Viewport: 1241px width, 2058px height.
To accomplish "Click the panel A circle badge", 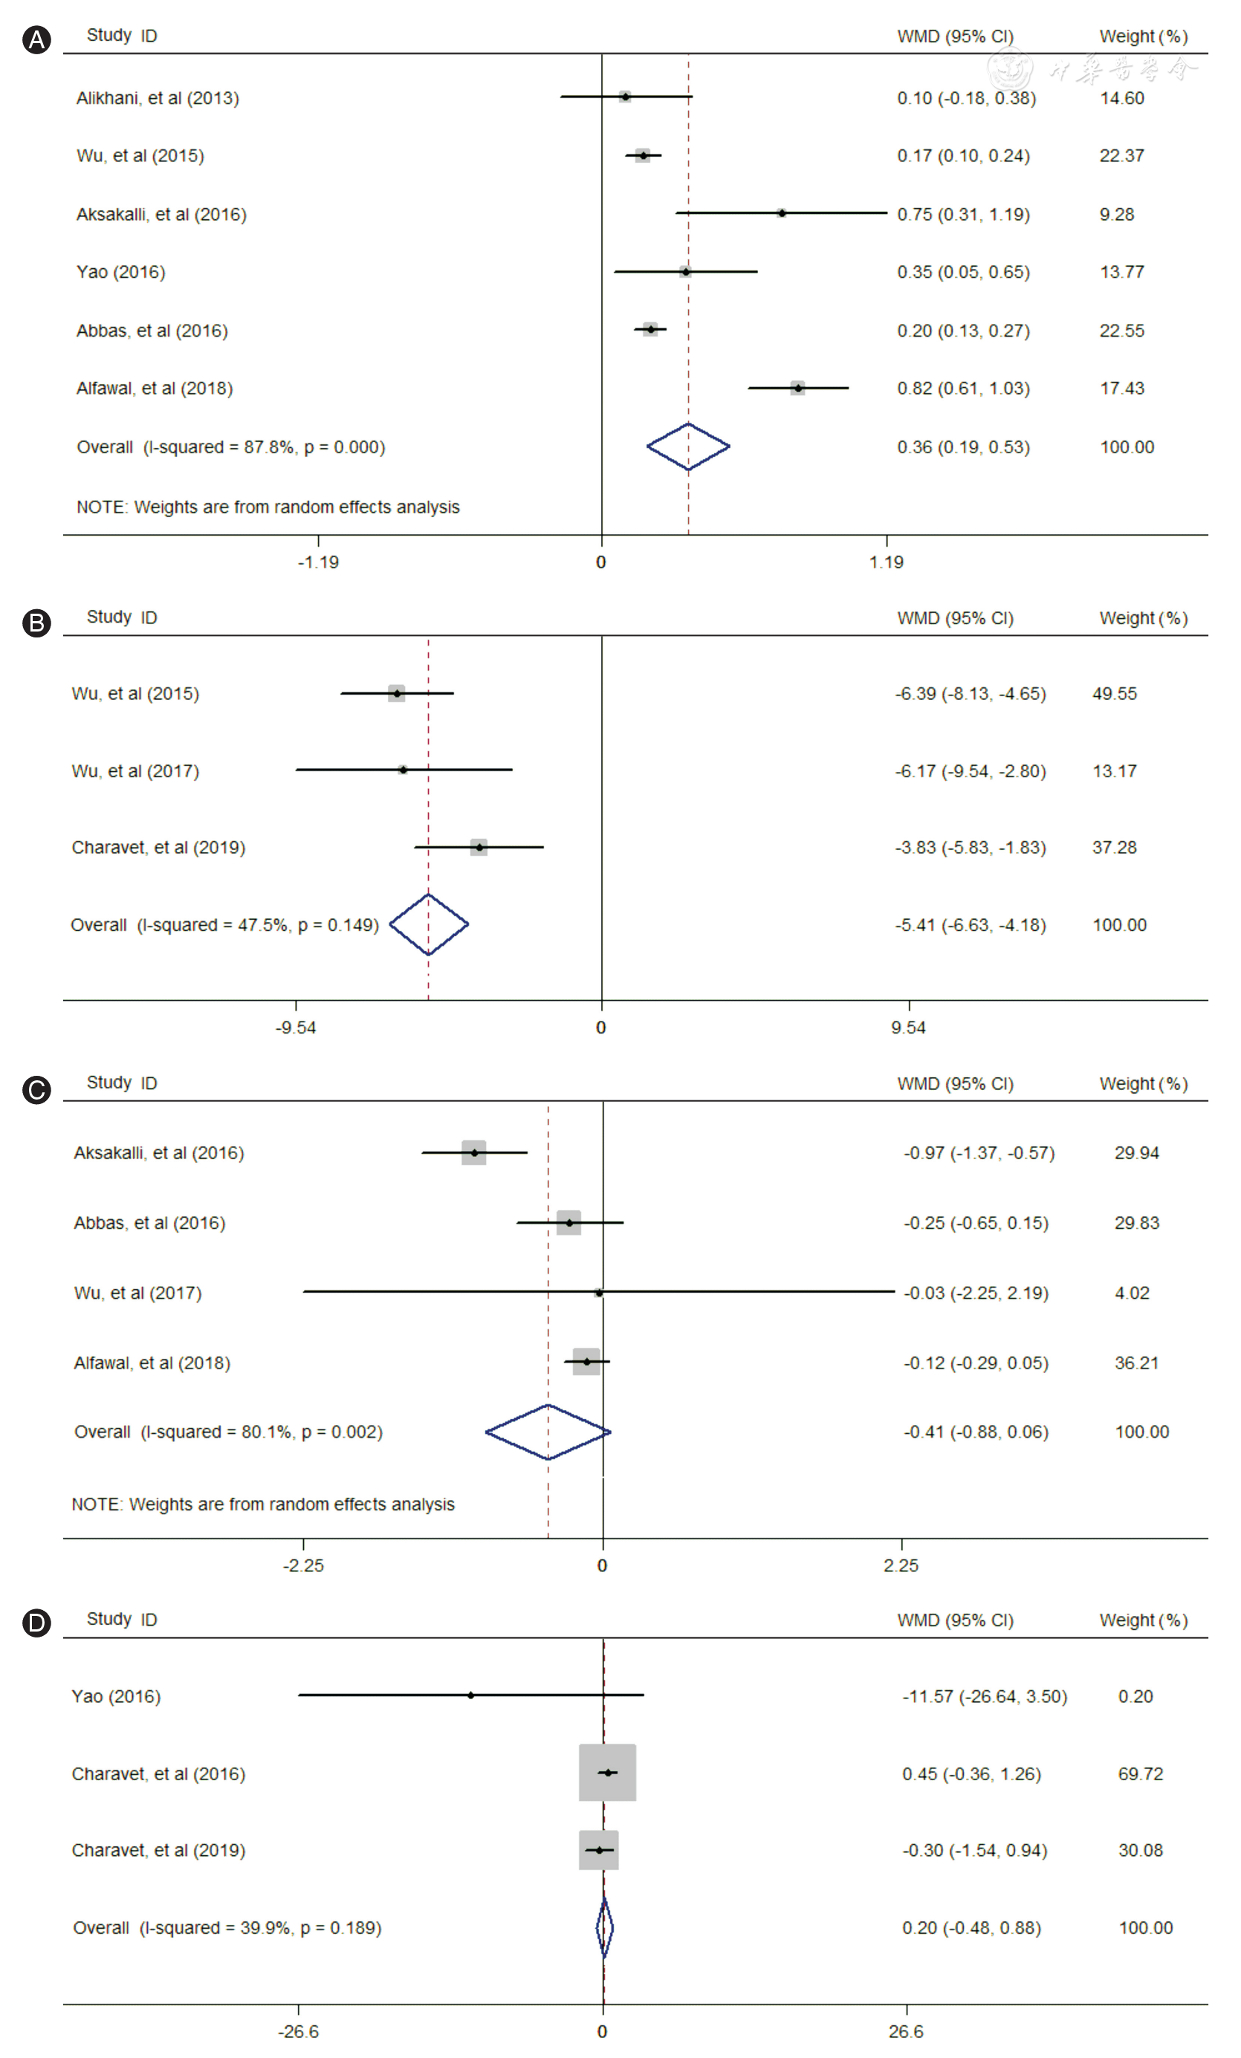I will pyautogui.click(x=36, y=39).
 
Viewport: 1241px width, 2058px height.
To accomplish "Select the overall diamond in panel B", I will pyautogui.click(x=429, y=923).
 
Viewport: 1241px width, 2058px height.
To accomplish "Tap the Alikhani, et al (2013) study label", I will pyautogui.click(x=158, y=98).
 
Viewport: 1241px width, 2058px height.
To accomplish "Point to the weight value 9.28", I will pyautogui.click(x=1117, y=214).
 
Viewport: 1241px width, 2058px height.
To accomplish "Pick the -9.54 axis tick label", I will pyautogui.click(x=296, y=1028).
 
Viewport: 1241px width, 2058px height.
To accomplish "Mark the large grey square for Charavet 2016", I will pyautogui.click(x=607, y=1771).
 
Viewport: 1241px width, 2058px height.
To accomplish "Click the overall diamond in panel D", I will pyautogui.click(x=605, y=1928).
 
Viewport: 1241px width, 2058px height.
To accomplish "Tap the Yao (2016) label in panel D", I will pyautogui.click(x=116, y=1695).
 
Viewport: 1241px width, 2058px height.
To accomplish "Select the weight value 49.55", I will pyautogui.click(x=1114, y=693).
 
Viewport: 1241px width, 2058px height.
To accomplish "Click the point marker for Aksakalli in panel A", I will pyautogui.click(x=782, y=213).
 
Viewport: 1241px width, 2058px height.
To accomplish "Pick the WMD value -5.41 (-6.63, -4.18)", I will pyautogui.click(x=970, y=924).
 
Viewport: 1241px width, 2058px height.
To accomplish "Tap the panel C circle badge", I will pyautogui.click(x=36, y=1089).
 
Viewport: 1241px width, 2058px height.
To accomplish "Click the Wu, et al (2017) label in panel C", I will pyautogui.click(x=137, y=1292).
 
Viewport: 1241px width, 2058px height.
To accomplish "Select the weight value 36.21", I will pyautogui.click(x=1135, y=1363).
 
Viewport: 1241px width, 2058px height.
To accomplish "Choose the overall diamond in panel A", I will pyautogui.click(x=688, y=446).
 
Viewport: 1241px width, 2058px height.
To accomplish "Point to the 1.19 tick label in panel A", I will pyautogui.click(x=886, y=561).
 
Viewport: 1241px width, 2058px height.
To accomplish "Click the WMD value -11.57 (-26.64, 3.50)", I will pyautogui.click(x=984, y=1695).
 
